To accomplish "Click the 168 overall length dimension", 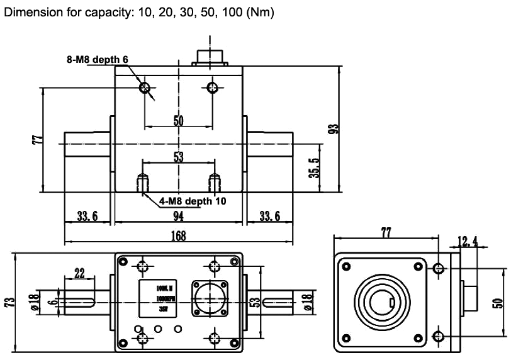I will [x=179, y=237].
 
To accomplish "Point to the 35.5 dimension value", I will [x=314, y=169].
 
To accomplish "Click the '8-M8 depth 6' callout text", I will [x=98, y=59].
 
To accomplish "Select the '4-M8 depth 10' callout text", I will [x=192, y=201].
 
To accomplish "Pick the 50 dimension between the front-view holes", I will [x=178, y=121].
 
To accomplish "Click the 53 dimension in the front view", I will [x=178, y=157].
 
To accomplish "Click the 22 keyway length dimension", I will [x=79, y=273].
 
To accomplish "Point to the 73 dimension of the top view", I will [x=9, y=302].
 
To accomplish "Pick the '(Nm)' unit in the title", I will [x=260, y=13].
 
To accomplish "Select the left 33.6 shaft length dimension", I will [x=87, y=217].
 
